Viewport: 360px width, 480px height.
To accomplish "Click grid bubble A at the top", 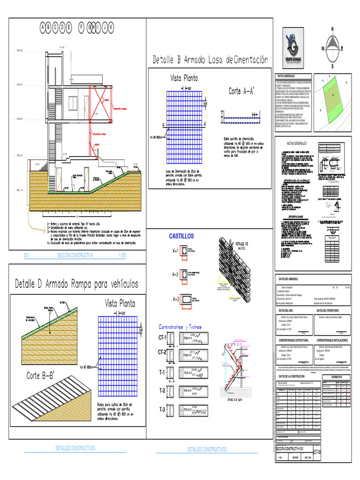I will pyautogui.click(x=45, y=28).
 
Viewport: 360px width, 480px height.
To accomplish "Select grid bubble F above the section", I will pyautogui.click(x=81, y=28).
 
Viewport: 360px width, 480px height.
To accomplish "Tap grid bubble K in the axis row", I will pyautogui.click(x=111, y=28).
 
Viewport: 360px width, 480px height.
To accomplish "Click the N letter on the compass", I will pyautogui.click(x=332, y=29).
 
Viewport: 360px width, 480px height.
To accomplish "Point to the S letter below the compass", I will pyautogui.click(x=332, y=67).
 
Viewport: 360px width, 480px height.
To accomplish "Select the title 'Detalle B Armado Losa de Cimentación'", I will pyautogui.click(x=210, y=60).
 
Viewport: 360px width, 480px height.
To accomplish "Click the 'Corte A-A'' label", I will pyautogui.click(x=242, y=91).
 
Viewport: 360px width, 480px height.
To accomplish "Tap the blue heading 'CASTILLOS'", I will pyautogui.click(x=181, y=237).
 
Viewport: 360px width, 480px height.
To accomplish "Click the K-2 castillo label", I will pyautogui.click(x=175, y=275).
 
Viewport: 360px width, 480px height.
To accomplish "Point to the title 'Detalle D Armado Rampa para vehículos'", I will pyautogui.click(x=77, y=284).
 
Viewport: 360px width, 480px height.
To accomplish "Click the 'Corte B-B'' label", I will pyautogui.click(x=39, y=376).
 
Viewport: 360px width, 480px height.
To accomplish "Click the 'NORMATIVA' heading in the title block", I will pyautogui.click(x=336, y=376).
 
